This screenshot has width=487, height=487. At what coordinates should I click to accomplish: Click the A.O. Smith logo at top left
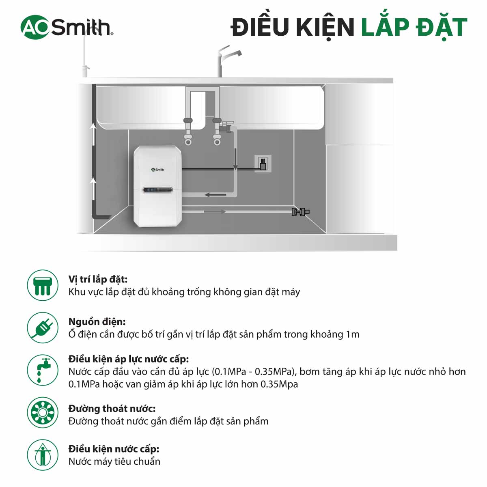67,27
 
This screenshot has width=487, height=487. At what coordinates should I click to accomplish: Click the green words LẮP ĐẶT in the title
414,27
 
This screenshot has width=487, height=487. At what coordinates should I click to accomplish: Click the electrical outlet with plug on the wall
263,164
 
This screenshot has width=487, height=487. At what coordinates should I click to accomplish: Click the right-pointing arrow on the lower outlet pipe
214,211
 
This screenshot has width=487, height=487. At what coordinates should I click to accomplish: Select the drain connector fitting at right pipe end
300,211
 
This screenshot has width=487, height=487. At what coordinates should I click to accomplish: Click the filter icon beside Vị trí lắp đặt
43,285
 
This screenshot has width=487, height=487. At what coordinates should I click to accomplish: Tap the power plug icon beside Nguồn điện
43,328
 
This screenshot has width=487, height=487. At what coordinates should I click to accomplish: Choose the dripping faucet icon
43,371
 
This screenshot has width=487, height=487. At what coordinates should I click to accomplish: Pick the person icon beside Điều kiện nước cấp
43,455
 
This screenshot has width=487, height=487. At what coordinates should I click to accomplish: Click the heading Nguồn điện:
97,322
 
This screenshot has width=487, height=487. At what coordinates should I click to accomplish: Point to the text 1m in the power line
352,334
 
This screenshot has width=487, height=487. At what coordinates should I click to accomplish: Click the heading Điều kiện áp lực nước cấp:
128,359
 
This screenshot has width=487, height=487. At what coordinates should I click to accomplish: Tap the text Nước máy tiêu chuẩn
114,461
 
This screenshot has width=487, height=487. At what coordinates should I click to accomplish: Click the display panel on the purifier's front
157,190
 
